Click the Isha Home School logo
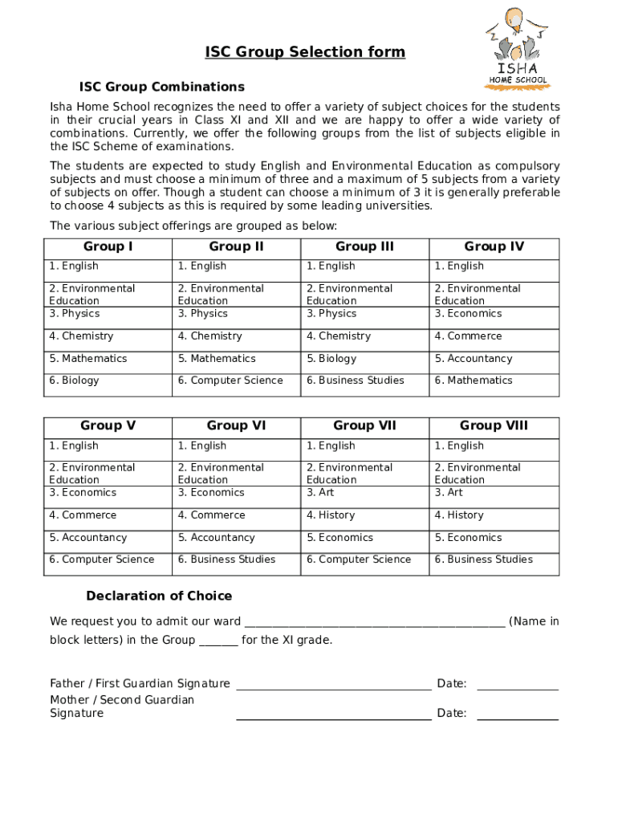(x=518, y=47)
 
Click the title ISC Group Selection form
(x=305, y=52)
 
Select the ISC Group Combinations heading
(x=161, y=87)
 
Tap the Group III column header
(x=364, y=247)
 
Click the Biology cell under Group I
(x=74, y=380)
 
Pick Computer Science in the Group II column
(x=230, y=380)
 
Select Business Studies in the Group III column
(x=355, y=380)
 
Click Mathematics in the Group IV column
(x=474, y=380)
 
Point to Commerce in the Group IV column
(x=468, y=336)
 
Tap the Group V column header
(x=108, y=426)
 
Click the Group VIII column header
(x=494, y=426)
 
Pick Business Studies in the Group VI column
(x=226, y=560)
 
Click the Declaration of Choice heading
(x=159, y=596)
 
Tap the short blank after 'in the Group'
(x=218, y=641)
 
